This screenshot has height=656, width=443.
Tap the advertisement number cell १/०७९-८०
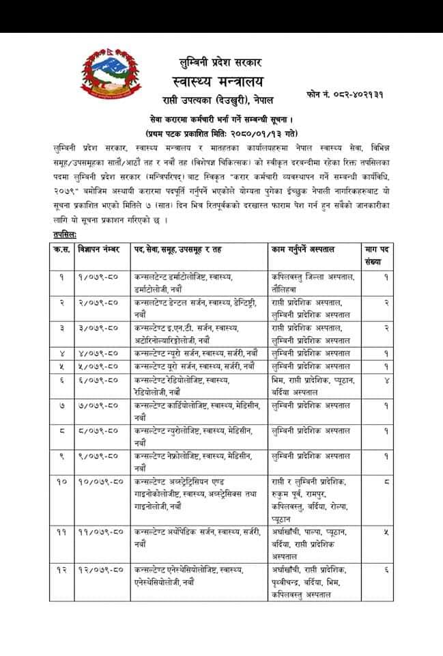pyautogui.click(x=99, y=276)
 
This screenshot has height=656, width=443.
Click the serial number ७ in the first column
pyautogui.click(x=62, y=405)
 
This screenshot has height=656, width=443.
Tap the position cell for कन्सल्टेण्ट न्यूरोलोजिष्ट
pyautogui.click(x=194, y=436)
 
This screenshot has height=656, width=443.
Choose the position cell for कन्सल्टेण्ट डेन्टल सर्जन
pyautogui.click(x=194, y=307)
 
